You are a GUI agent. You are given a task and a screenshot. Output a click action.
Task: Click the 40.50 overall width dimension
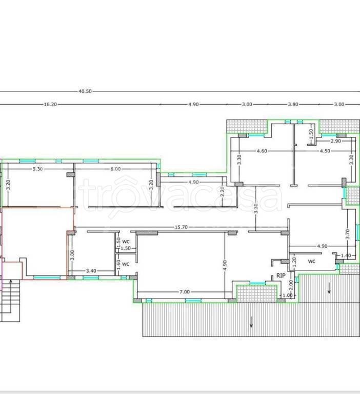[x=85, y=91]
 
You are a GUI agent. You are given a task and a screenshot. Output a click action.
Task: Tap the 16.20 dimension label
[x=50, y=104]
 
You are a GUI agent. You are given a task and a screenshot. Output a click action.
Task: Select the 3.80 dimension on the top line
[x=293, y=104]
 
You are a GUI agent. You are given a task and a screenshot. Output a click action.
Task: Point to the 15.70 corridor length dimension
[x=181, y=227]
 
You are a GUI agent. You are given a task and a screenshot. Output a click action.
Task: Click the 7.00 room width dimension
[x=185, y=292]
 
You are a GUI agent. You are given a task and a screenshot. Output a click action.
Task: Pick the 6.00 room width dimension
[x=115, y=169]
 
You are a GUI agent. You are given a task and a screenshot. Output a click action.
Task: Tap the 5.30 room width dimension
[x=37, y=169]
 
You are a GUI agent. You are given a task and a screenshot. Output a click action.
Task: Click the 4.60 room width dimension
[x=262, y=151]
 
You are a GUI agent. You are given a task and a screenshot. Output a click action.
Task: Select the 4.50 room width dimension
[x=325, y=151]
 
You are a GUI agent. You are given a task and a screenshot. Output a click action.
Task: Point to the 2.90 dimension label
[x=335, y=141]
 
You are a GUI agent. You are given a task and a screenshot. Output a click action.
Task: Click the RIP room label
[x=281, y=275]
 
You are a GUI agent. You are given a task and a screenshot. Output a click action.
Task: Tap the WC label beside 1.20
[x=311, y=262]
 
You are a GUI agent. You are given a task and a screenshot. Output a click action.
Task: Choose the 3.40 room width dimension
[x=91, y=271]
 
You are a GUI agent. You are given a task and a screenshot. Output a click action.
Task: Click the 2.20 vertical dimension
[x=222, y=191]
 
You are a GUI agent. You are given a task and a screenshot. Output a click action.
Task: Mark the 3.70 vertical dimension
[x=348, y=234]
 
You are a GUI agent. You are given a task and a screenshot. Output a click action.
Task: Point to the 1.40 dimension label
[x=346, y=256]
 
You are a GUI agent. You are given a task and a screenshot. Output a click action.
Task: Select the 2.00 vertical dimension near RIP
[x=291, y=285]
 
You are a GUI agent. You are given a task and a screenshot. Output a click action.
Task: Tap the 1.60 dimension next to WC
[x=118, y=265]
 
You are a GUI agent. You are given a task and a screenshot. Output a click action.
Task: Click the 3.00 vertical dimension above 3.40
[x=72, y=255]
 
